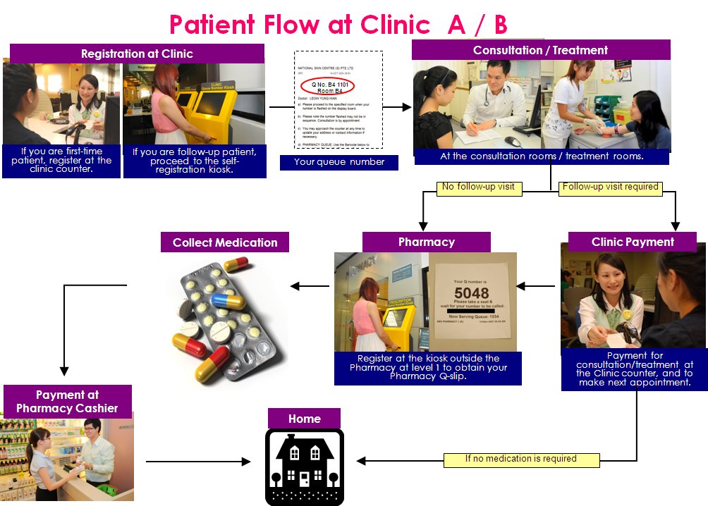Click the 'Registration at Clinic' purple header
click(x=137, y=54)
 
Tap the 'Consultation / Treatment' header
click(x=540, y=50)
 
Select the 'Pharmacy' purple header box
click(x=426, y=242)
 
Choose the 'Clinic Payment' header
click(x=633, y=242)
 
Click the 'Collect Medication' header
click(x=225, y=242)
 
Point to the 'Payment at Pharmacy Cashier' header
click(x=68, y=401)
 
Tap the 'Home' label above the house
click(x=304, y=419)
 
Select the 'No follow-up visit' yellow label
click(x=479, y=187)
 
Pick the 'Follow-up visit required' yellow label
click(x=611, y=187)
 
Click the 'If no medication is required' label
click(x=521, y=459)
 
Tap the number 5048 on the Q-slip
click(x=472, y=292)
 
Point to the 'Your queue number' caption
click(x=338, y=162)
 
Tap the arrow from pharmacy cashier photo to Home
click(x=198, y=462)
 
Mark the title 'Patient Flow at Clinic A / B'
click(x=338, y=25)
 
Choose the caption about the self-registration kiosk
click(x=195, y=162)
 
